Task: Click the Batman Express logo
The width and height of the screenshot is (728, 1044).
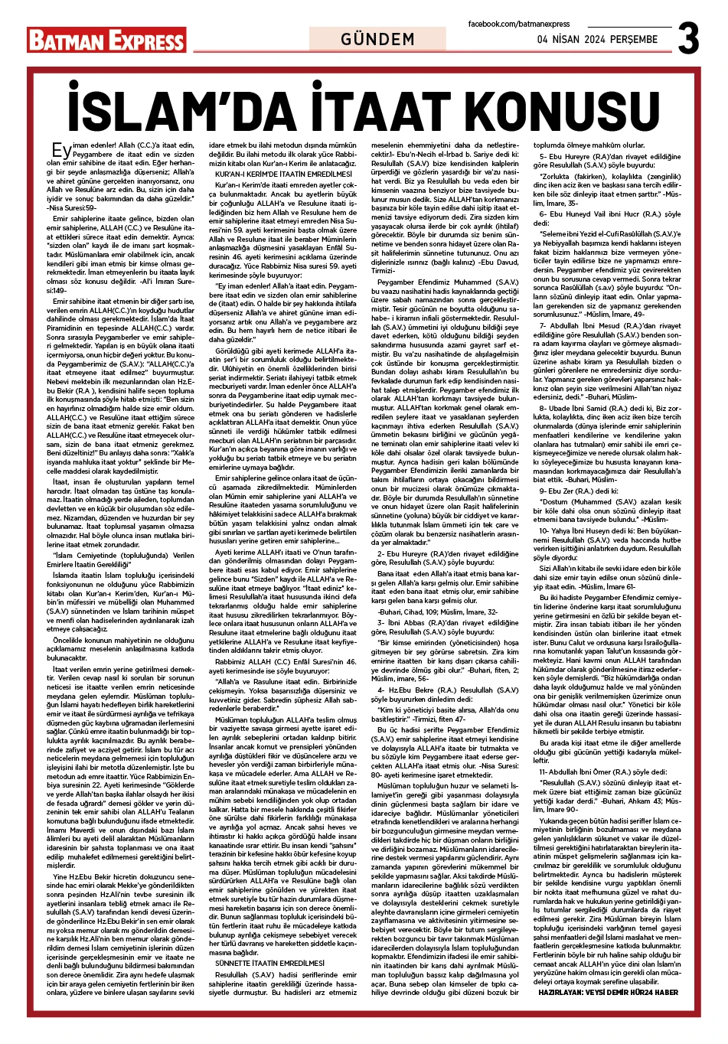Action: (106, 40)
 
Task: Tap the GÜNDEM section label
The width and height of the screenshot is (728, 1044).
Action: (377, 39)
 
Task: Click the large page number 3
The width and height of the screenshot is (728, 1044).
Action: (688, 38)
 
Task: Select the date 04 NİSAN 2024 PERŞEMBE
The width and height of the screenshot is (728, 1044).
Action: (597, 40)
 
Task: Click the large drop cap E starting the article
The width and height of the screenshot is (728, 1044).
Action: (60, 150)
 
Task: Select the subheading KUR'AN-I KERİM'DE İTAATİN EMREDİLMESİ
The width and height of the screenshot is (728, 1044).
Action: (273, 175)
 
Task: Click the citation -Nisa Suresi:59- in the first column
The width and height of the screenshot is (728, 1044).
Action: (72, 207)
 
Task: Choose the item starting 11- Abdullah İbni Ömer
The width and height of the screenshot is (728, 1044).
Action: (605, 772)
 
